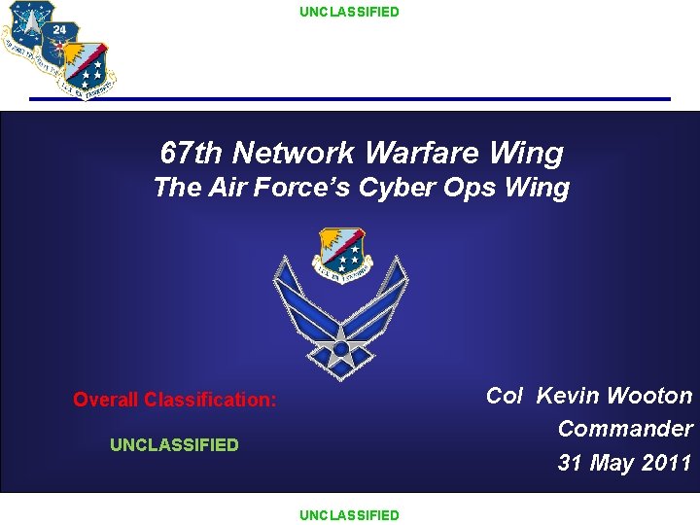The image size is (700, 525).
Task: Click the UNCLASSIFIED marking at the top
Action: pos(349,12)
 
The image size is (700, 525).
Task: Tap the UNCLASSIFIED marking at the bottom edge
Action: pos(349,514)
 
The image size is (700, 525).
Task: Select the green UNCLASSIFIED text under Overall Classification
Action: pos(174,444)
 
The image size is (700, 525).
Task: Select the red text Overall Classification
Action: pos(175,400)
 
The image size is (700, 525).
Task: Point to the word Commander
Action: pos(625,429)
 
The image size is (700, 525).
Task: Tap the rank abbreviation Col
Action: pos(506,396)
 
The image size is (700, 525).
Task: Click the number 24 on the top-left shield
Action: pos(60,29)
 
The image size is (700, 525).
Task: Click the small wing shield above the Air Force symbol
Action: pos(342,255)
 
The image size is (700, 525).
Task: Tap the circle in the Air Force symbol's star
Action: pos(341,347)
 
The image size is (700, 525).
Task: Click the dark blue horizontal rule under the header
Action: pos(349,99)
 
